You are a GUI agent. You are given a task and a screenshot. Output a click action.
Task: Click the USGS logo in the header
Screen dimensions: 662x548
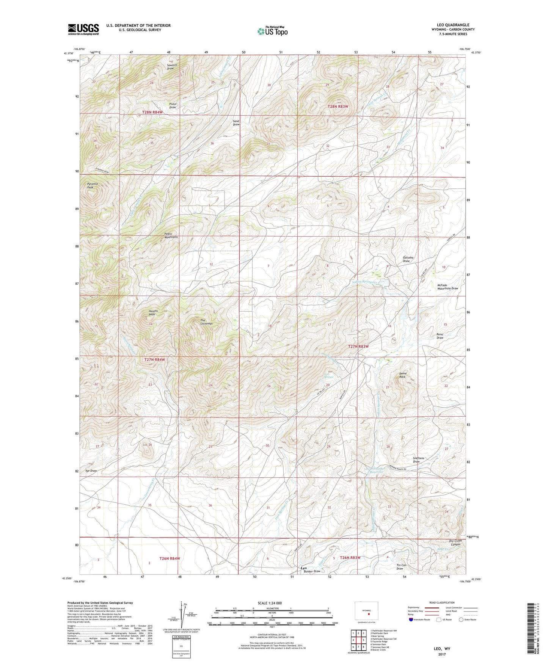coord(83,29)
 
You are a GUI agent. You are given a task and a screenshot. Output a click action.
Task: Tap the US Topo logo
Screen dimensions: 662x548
coord(272,31)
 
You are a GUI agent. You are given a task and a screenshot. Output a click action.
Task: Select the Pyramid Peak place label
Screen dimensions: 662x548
coord(92,185)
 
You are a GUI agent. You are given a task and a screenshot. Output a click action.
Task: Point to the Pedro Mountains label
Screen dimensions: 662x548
coord(171,235)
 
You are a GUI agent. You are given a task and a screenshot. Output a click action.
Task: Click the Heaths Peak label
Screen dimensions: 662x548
coord(153,313)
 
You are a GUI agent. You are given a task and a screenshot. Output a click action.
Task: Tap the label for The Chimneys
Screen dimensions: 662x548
coord(206,322)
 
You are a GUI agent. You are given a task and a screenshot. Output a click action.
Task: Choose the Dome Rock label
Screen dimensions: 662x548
coord(402,375)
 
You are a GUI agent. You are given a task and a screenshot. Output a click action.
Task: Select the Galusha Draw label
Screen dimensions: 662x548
coord(408,259)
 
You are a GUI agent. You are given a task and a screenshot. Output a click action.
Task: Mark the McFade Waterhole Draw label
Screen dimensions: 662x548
coord(447,287)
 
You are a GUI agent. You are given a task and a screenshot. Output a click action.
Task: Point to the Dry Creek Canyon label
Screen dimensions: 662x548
coord(454,543)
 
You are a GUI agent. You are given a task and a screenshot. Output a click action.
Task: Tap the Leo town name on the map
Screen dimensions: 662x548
coord(303,568)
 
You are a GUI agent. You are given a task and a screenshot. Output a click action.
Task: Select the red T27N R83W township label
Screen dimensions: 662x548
coord(358,347)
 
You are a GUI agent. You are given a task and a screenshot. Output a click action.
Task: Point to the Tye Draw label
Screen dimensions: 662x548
coord(91,471)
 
